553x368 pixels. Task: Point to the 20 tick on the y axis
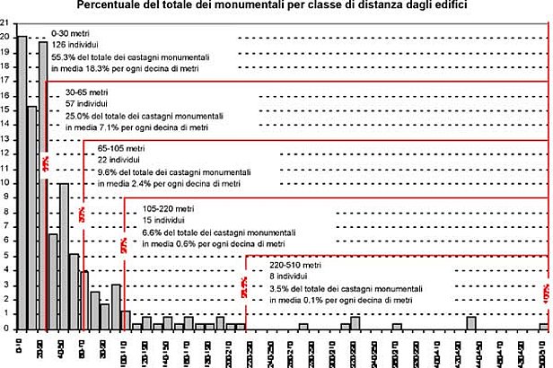pos(5,37)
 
